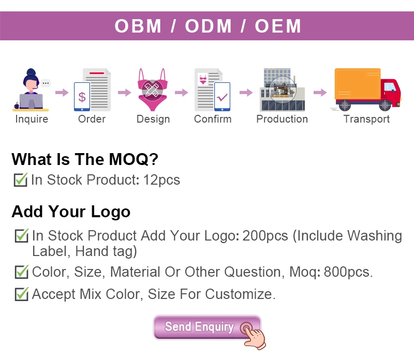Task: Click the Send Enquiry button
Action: (206, 327)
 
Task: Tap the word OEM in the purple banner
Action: (278, 26)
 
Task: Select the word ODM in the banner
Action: (208, 26)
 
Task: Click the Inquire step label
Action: (32, 119)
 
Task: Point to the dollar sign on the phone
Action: (82, 97)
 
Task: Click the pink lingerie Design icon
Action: (152, 89)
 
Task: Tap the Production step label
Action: (282, 119)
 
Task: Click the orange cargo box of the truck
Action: (358, 84)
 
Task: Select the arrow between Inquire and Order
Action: (62, 93)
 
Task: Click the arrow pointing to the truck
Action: (320, 93)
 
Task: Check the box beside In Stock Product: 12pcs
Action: (21, 179)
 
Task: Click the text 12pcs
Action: (161, 180)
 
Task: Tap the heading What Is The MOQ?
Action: (85, 159)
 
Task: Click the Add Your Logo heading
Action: (71, 212)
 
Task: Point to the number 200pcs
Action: (265, 235)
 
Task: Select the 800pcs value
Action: (348, 272)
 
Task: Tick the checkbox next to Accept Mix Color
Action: (22, 294)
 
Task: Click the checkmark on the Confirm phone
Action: (222, 97)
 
